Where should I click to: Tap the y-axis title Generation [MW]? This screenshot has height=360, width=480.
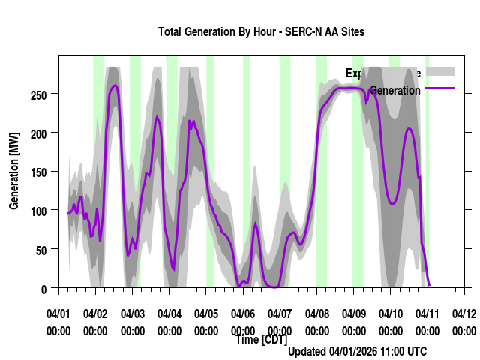coord(14,172)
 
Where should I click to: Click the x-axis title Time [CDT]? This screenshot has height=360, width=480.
coord(261,339)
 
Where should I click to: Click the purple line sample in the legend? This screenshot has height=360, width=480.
coord(440,88)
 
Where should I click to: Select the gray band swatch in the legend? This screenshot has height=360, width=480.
coord(440,71)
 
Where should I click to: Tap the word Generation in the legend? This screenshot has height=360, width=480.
coord(395,91)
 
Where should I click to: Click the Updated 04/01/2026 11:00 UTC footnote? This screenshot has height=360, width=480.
coord(357,351)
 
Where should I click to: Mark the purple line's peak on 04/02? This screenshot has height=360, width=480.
coord(115,85)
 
